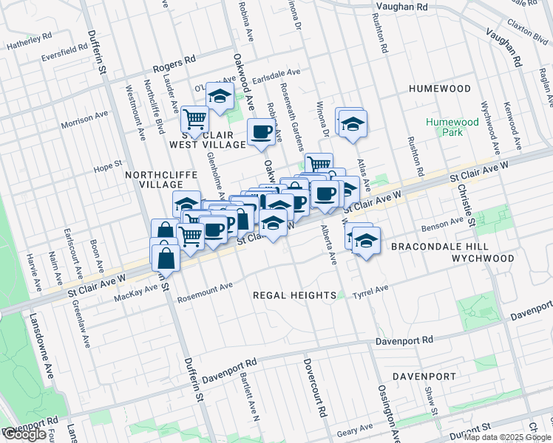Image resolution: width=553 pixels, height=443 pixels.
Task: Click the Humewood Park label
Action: tap(444, 127)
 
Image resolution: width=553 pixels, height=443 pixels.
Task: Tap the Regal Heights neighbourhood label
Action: tap(295, 295)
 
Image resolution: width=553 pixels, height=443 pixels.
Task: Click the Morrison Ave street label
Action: tap(84, 119)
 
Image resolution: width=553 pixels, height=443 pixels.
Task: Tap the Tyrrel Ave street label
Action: tap(372, 289)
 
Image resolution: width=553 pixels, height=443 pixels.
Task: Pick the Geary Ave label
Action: tap(355, 429)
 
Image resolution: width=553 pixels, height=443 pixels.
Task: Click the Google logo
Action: tap(24, 434)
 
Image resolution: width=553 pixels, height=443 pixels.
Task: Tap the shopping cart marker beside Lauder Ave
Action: tap(194, 118)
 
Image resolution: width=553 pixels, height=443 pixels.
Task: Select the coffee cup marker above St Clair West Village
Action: tap(260, 132)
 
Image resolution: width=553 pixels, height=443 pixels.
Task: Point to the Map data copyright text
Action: tap(507, 437)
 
